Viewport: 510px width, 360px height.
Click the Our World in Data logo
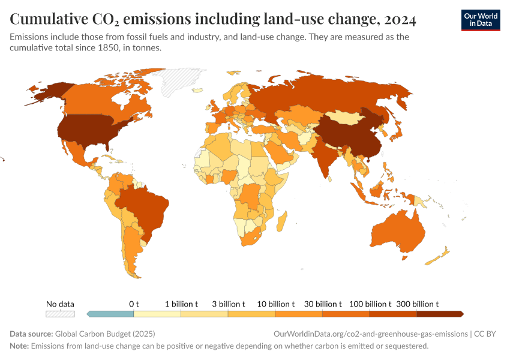pos(480,19)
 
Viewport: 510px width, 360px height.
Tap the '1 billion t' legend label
pos(181,304)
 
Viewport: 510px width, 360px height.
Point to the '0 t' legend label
pos(134,304)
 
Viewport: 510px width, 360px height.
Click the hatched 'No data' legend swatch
pos(61,313)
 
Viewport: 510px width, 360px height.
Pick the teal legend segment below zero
pos(111,313)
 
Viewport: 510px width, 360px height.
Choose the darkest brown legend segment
pos(439,313)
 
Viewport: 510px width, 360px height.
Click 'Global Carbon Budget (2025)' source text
pos(105,334)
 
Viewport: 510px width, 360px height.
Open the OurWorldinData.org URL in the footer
pos(370,334)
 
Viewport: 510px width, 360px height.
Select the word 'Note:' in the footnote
pos(19,346)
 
